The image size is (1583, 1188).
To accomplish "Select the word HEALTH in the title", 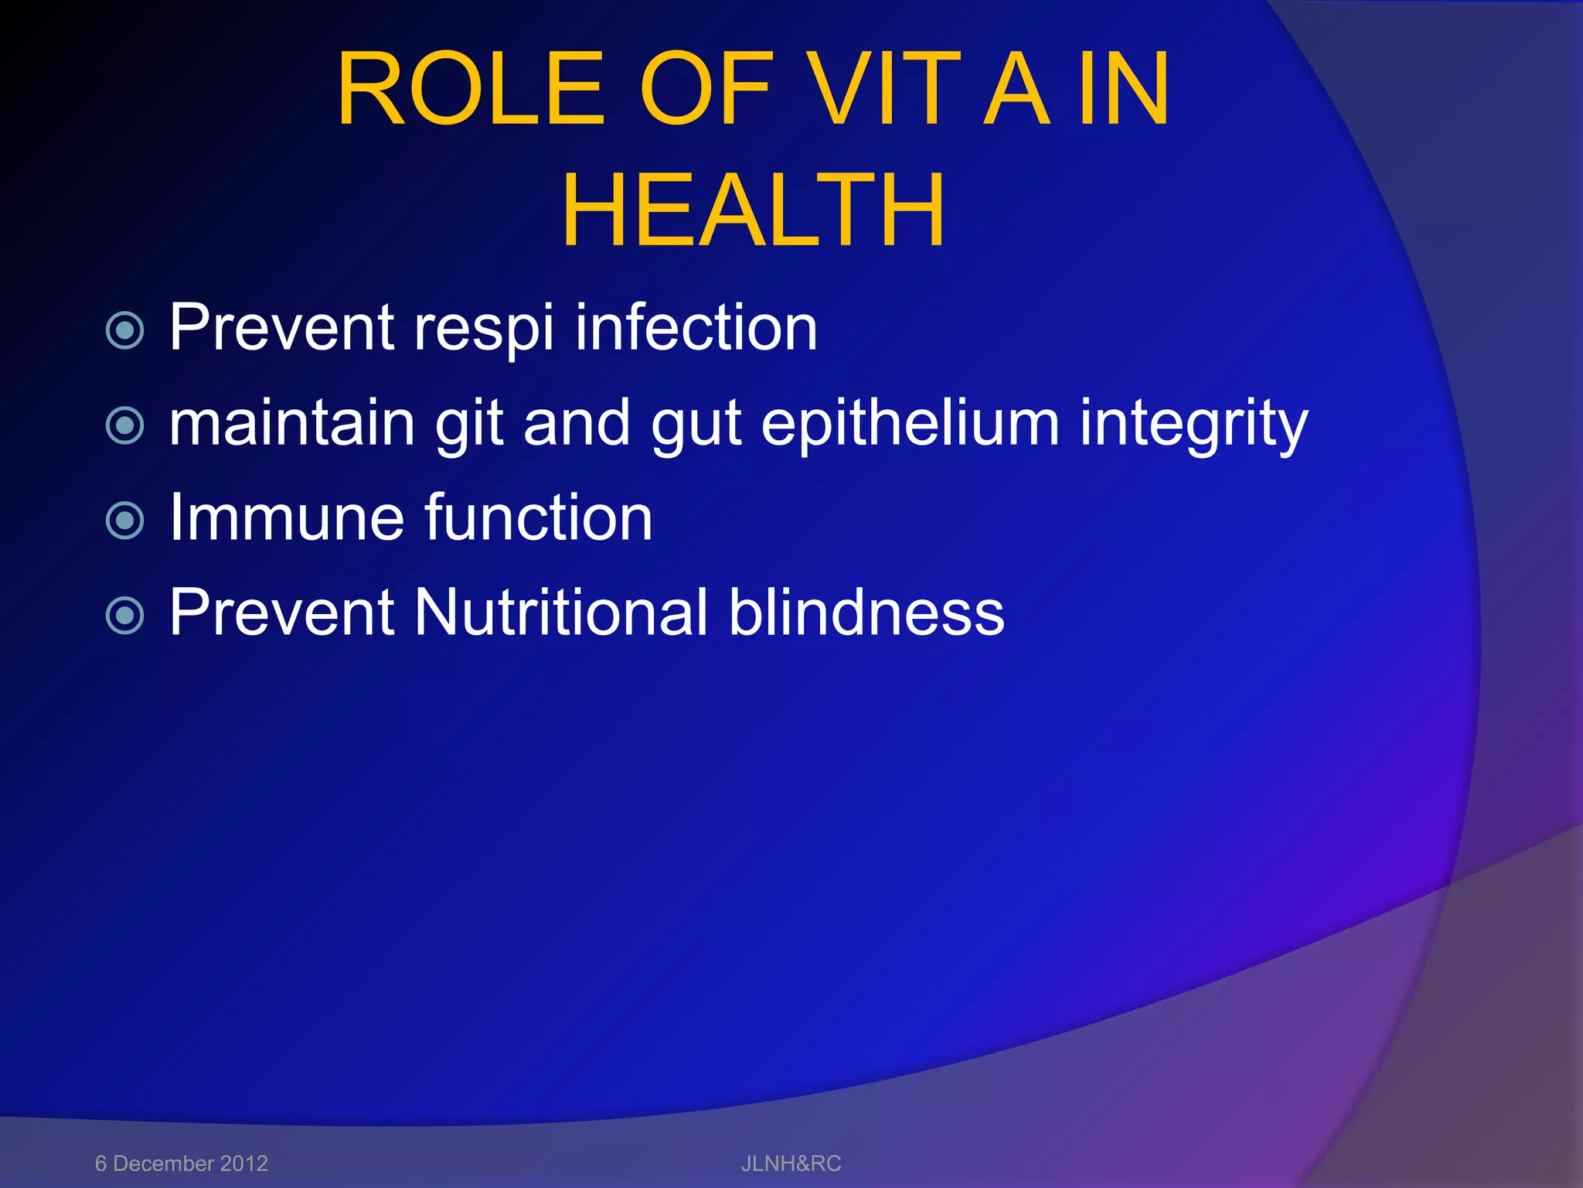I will (753, 210).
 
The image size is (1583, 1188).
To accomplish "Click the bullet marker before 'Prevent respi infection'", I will (124, 331).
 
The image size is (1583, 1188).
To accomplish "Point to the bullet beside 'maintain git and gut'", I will (124, 425).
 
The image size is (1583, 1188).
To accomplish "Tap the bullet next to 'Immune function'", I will (124, 521).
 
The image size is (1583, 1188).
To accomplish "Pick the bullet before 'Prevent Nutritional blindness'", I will (124, 616).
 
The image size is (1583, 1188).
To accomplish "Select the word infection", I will (696, 328).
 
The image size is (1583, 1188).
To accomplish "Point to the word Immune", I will (287, 517).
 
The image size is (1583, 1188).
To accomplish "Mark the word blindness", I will (866, 613).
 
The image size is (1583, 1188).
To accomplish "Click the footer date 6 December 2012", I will (182, 1163).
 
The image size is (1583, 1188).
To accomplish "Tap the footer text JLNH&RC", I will (791, 1163).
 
